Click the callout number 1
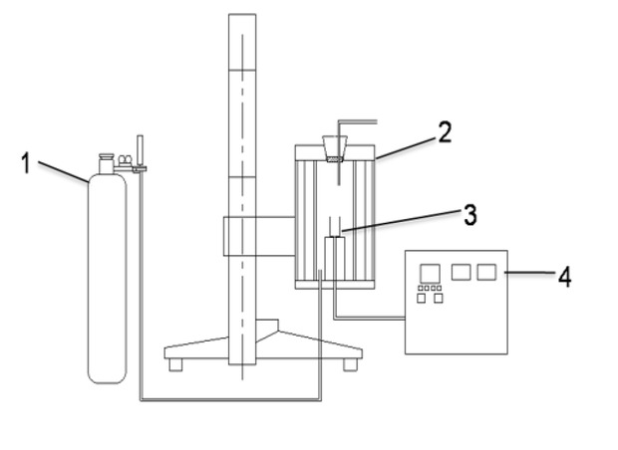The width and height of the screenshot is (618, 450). click(26, 163)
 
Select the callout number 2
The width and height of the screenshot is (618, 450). click(445, 132)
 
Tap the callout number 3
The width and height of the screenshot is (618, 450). click(470, 215)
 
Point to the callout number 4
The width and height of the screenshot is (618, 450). click(565, 277)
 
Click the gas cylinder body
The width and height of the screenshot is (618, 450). click(108, 279)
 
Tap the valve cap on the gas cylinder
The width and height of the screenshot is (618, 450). click(106, 163)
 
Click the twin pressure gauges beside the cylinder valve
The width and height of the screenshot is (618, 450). click(126, 159)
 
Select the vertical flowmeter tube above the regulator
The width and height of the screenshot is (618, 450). click(140, 150)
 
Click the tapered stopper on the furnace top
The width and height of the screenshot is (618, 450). click(335, 148)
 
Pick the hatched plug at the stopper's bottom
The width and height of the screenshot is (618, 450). click(335, 159)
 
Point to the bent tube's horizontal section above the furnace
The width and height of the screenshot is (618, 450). click(358, 121)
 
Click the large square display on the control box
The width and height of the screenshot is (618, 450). click(430, 274)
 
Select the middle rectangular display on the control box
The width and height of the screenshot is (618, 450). click(461, 272)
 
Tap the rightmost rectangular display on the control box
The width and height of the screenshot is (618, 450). click(486, 272)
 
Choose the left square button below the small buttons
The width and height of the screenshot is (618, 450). click(422, 299)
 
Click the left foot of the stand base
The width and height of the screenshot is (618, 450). click(175, 364)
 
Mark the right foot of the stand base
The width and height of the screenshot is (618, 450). click(350, 364)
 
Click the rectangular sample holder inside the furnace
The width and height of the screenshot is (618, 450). click(335, 258)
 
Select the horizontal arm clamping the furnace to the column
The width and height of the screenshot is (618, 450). click(259, 236)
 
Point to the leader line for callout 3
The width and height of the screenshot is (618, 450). click(401, 220)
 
